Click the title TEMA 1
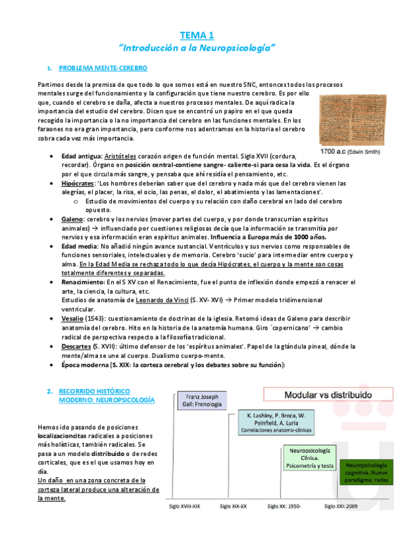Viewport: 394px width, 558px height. point(197,35)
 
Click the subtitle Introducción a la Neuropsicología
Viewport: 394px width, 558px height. point(197,48)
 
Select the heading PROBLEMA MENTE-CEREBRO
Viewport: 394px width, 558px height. point(103,68)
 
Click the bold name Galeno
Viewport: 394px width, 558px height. point(73,218)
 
